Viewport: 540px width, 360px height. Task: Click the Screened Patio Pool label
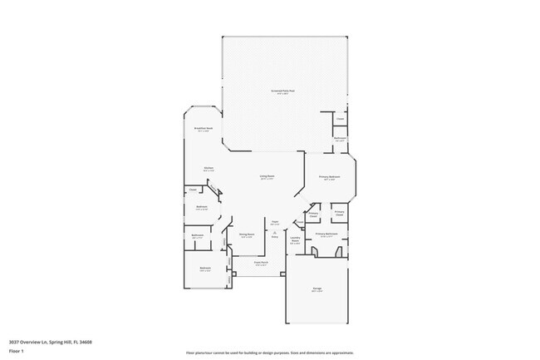(x=283, y=90)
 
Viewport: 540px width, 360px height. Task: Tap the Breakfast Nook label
(x=204, y=129)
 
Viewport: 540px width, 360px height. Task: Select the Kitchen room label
(x=210, y=169)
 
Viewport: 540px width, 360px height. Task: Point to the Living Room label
(x=266, y=176)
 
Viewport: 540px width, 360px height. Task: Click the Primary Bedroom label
(x=330, y=177)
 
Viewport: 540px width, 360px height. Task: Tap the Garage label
(x=317, y=288)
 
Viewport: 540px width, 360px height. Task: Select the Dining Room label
(x=247, y=234)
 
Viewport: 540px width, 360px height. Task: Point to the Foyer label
(x=274, y=221)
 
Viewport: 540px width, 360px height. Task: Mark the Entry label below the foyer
(x=274, y=237)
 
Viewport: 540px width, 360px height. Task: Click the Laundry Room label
(x=295, y=239)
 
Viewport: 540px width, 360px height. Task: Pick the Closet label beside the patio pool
(x=340, y=119)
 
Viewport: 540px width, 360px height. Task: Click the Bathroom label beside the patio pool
(x=340, y=140)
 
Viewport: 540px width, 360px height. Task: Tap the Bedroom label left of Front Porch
(x=204, y=268)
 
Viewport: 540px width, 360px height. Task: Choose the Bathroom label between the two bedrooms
(x=198, y=235)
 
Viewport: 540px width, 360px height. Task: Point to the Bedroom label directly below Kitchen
(x=201, y=207)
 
